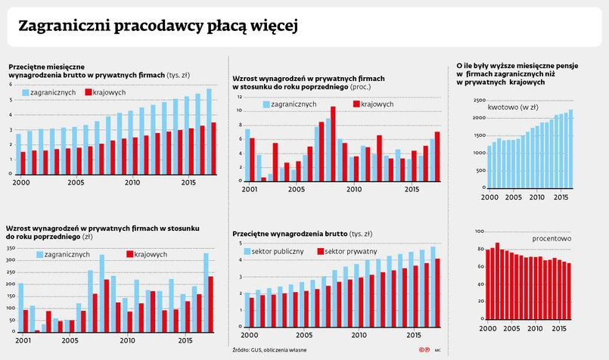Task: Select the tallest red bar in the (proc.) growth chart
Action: point(333,144)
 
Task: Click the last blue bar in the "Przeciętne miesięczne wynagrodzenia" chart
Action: point(210,132)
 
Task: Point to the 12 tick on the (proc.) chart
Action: point(239,98)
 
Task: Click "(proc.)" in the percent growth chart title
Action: point(359,88)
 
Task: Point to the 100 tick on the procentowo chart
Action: point(479,231)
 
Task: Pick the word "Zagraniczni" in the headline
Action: point(63,26)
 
